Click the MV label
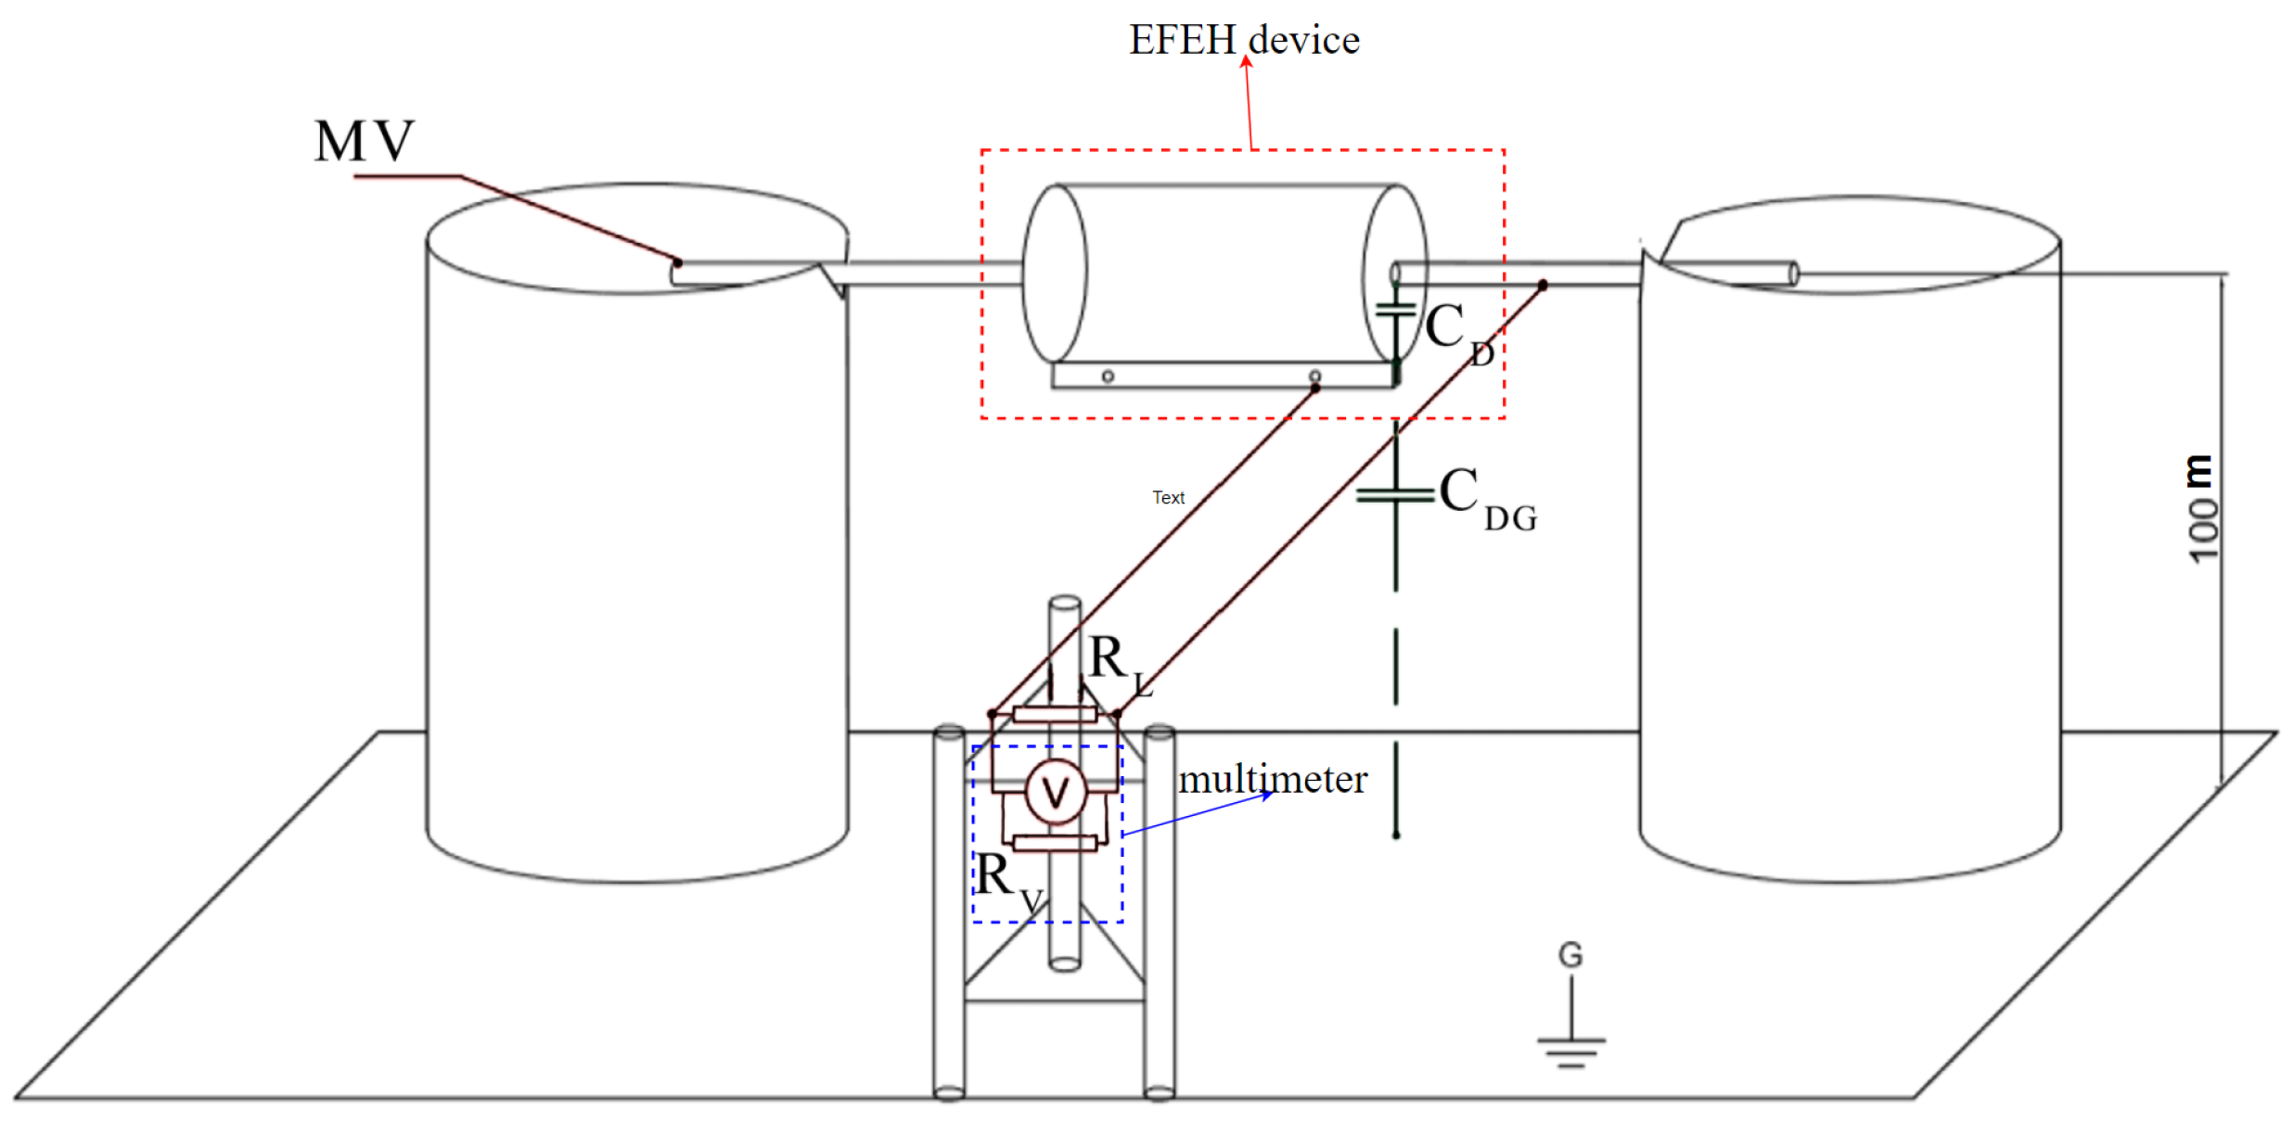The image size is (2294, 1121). tap(364, 142)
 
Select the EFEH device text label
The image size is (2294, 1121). tap(1243, 40)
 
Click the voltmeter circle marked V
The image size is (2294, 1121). tap(1055, 793)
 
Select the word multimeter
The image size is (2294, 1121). tap(1272, 779)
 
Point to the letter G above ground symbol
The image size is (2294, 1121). tap(1570, 955)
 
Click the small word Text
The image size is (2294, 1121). tap(1168, 498)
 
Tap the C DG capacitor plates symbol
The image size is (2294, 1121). tap(1395, 495)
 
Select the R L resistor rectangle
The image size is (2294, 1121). tap(1055, 714)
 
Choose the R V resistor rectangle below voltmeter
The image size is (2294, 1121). tap(1055, 842)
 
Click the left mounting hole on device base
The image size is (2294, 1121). tap(1108, 376)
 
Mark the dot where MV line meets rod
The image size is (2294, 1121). tap(678, 263)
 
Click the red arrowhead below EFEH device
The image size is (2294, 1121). tap(1246, 62)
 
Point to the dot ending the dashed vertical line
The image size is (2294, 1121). tap(1395, 835)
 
